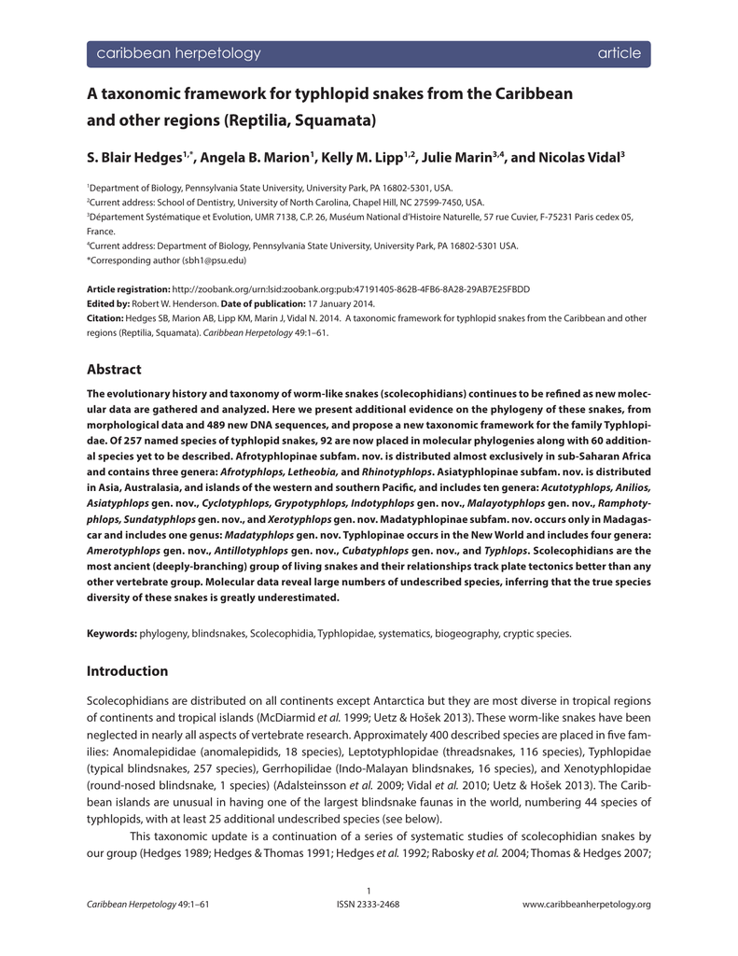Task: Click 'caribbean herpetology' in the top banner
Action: pos(179,53)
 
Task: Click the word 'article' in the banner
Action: pos(620,53)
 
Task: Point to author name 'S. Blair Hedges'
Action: pos(137,158)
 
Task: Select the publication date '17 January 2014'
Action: pos(343,303)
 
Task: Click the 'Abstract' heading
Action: pos(114,369)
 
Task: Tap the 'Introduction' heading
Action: pos(127,670)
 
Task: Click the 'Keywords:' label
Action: pos(112,633)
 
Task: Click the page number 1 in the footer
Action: pos(369,891)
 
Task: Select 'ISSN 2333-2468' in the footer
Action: pos(369,904)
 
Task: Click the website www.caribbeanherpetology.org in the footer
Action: pos(586,904)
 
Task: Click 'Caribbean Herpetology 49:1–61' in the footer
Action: pos(146,904)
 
